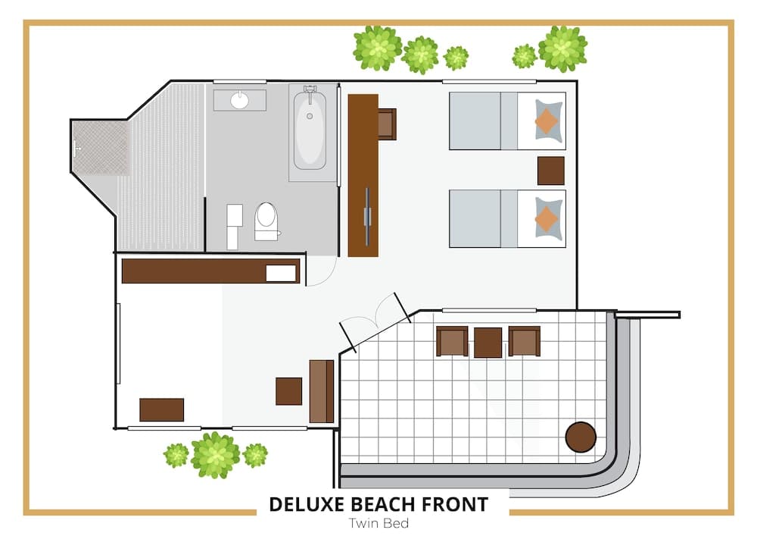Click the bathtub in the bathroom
309,130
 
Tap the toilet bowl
266,219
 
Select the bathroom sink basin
240,100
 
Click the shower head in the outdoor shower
76,148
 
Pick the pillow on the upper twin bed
548,121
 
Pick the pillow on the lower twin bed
548,218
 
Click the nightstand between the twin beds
550,171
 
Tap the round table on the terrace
581,437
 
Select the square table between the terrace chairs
488,343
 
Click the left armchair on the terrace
452,341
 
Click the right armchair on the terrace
524,341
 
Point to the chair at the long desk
386,124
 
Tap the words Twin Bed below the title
378,522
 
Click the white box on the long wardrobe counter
280,273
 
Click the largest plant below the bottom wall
215,455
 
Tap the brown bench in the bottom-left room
162,409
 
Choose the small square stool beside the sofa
288,391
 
